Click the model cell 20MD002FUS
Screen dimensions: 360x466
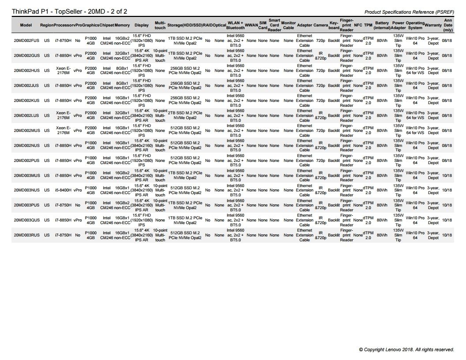(26, 40)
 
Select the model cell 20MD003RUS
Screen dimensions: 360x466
(26, 235)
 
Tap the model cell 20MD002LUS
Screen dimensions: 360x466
(26, 115)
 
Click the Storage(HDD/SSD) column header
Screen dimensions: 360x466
(185, 25)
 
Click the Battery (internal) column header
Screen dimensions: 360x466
(382, 25)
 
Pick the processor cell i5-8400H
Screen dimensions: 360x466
(64, 190)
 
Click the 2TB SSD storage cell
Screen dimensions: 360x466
(185, 115)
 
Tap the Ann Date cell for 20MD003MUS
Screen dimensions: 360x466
(447, 175)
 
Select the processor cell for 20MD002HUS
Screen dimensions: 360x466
(64, 70)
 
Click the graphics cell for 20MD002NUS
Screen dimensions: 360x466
(90, 145)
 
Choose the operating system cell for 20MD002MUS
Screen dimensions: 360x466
(415, 130)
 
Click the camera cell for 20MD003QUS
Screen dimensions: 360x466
(321, 220)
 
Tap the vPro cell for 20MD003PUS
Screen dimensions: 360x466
(78, 205)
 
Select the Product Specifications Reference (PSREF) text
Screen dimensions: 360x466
(410, 12)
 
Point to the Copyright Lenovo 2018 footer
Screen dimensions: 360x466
(406, 349)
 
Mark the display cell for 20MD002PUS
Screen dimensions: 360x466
(142, 160)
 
